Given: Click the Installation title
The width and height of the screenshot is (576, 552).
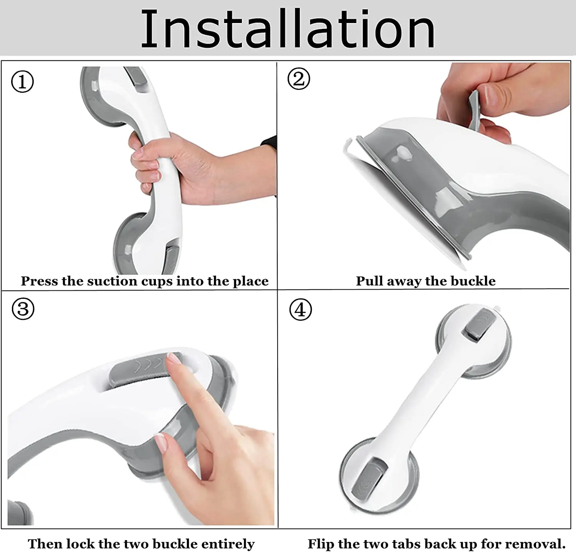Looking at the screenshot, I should click(288, 29).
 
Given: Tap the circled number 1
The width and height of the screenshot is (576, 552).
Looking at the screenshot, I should click(22, 82).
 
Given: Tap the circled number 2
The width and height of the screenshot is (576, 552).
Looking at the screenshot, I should click(298, 79).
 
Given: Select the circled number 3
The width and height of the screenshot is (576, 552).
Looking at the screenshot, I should click(23, 309).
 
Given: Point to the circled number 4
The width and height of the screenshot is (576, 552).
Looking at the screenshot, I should click(300, 310).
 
